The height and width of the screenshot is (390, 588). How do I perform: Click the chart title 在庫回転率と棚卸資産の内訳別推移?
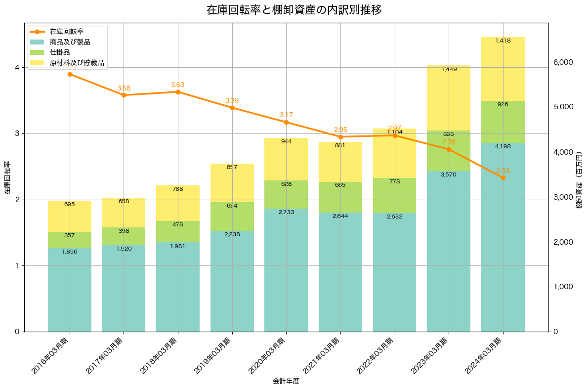[x=294, y=10]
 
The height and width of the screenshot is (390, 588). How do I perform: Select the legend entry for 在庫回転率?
[x=70, y=32]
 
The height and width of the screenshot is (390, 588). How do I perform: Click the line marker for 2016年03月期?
[x=70, y=74]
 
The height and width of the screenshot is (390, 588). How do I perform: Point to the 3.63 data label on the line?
[x=178, y=85]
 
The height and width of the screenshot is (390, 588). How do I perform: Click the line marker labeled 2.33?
[x=503, y=177]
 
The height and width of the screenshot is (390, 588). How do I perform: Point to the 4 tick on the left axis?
[x=16, y=68]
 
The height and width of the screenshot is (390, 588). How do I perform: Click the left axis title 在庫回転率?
[x=7, y=177]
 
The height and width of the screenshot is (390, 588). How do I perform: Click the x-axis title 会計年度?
[x=286, y=381]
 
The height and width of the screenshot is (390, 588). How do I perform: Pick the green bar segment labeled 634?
[x=232, y=217]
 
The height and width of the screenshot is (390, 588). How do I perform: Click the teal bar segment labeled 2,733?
[x=286, y=270]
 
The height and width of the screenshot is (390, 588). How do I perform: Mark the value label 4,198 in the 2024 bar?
[x=503, y=146]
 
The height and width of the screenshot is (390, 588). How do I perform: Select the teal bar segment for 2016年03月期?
[x=70, y=290]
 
